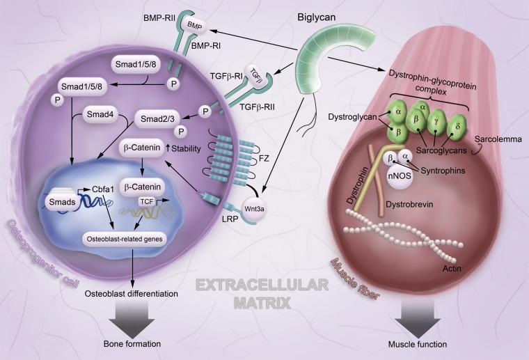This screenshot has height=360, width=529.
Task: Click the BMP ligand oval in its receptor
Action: pyautogui.click(x=193, y=26)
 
